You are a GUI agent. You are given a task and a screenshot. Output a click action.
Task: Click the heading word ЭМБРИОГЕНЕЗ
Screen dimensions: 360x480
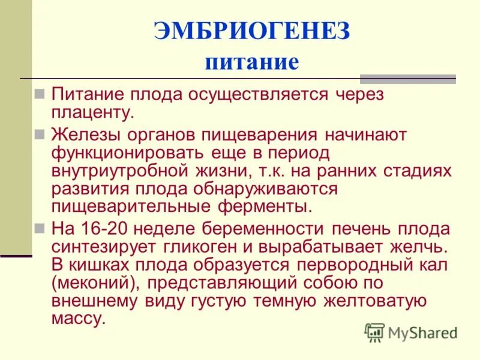(251, 31)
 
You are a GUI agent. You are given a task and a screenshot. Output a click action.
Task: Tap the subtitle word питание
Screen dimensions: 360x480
(251, 62)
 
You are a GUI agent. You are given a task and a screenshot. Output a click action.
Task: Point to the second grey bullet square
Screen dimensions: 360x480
(40, 134)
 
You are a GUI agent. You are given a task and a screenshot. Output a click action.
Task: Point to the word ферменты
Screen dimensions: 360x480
(266, 207)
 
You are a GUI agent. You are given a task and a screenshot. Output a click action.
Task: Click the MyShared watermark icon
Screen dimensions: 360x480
(374, 332)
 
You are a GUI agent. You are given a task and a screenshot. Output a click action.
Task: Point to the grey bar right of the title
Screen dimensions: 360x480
(408, 79)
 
